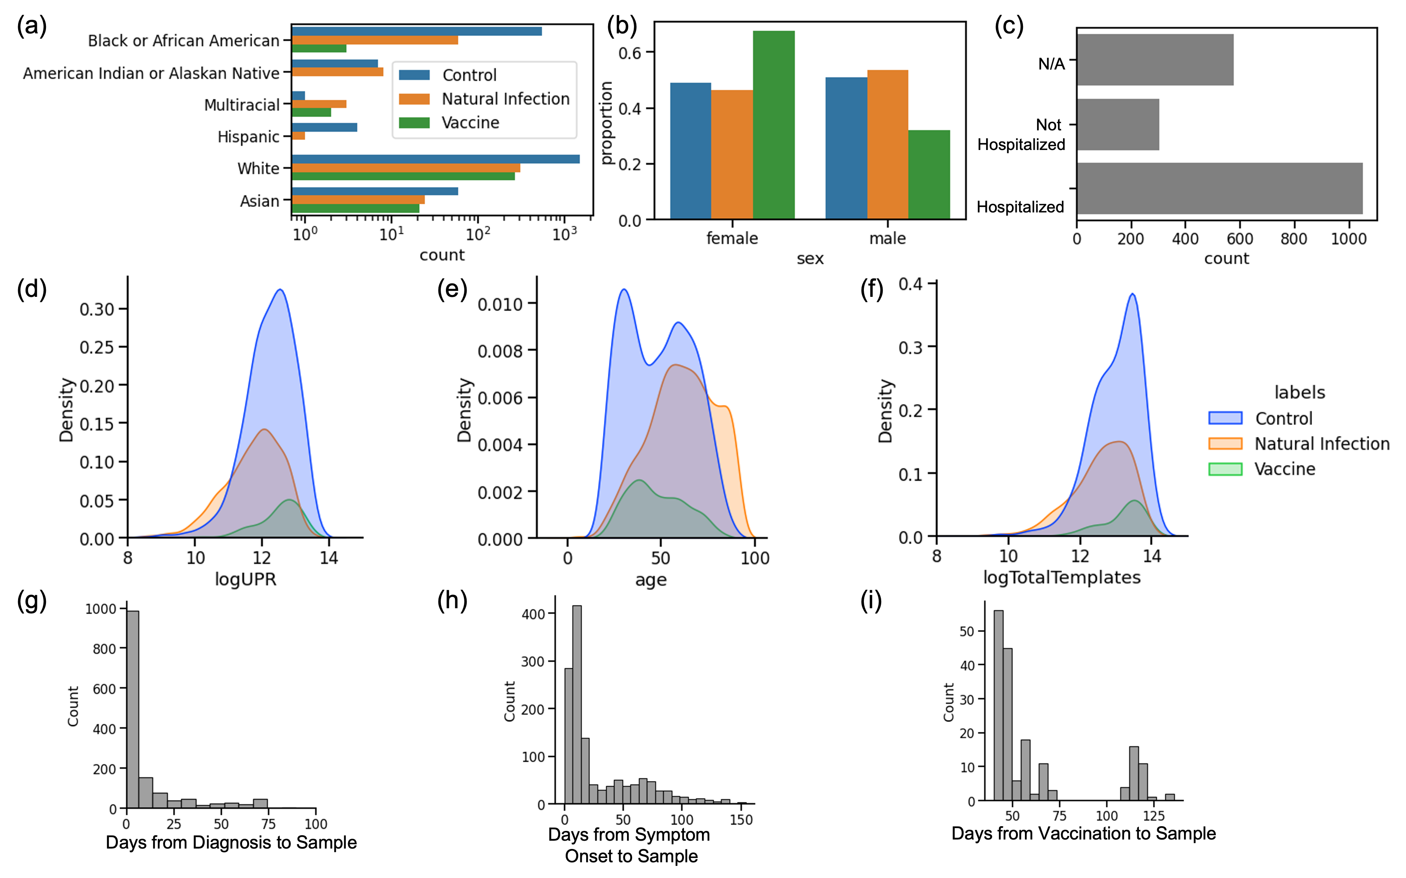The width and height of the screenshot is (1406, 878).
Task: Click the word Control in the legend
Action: point(469,75)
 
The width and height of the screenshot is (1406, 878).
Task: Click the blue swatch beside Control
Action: point(414,75)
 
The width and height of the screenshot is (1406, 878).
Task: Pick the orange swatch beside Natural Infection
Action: point(414,99)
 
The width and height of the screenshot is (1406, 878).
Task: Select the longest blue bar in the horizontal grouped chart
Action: point(436,159)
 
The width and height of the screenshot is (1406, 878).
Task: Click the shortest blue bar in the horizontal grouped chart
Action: point(299,96)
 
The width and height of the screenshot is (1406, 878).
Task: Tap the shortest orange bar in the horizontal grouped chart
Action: point(299,136)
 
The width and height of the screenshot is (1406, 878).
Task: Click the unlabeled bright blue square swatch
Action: point(1225,418)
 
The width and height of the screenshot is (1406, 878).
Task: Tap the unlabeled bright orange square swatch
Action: point(1225,444)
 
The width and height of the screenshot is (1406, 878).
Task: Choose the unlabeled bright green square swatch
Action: point(1225,469)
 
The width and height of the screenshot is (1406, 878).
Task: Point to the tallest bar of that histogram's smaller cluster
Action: point(1133,773)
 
